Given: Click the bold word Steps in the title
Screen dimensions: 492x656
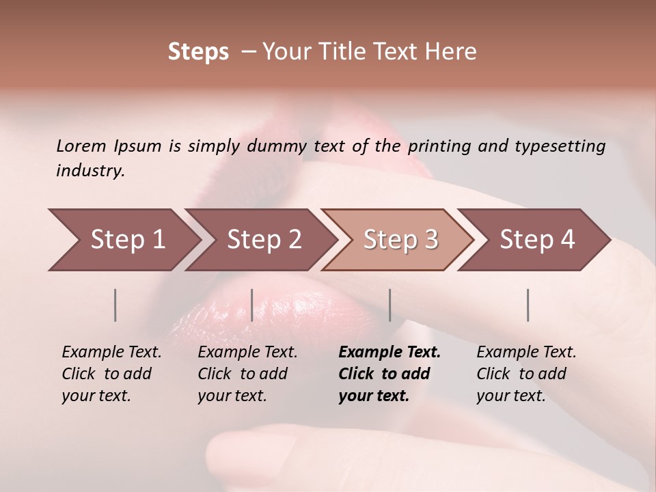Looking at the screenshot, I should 198,52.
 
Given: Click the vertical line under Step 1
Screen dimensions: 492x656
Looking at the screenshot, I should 115,305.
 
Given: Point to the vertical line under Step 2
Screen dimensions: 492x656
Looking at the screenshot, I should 252,305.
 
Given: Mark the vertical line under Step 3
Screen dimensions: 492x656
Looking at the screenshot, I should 389,305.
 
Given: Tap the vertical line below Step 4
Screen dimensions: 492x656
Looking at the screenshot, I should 528,305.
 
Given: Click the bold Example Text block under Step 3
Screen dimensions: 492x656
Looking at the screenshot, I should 389,374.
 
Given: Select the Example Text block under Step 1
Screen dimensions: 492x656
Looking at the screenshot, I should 111,374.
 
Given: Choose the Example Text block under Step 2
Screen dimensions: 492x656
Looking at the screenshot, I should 247,374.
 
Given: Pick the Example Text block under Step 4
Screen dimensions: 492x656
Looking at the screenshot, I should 526,374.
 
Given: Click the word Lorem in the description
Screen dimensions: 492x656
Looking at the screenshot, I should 81,146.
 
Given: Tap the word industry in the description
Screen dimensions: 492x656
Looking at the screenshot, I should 90,170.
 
